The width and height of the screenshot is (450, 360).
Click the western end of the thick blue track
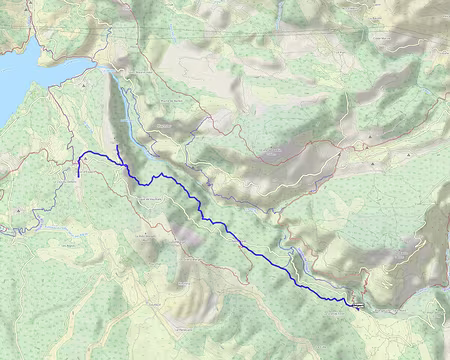(79, 176)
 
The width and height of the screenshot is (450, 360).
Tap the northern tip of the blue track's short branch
(117, 146)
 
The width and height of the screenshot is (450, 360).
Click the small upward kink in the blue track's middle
(160, 174)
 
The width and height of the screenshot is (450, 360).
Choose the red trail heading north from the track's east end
(366, 290)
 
